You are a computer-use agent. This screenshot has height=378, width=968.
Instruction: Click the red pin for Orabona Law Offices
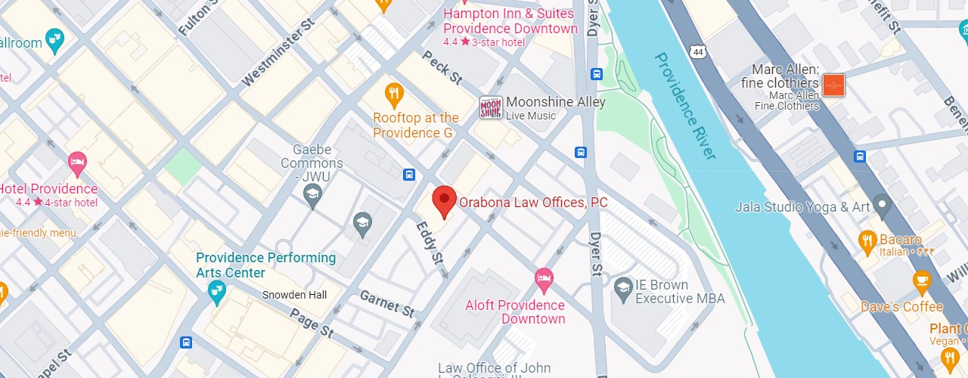[x=444, y=201]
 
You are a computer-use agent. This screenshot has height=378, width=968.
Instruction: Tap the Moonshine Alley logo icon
[x=491, y=108]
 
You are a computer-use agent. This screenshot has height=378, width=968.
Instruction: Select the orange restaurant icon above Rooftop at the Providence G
[x=393, y=94]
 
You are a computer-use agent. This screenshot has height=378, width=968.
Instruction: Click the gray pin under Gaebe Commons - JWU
[x=312, y=195]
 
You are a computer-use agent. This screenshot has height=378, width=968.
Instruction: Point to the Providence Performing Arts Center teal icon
[x=217, y=292]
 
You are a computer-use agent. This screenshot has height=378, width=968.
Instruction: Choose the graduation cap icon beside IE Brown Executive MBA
[x=622, y=287]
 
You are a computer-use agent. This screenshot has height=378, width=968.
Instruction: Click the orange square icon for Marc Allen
[x=833, y=85]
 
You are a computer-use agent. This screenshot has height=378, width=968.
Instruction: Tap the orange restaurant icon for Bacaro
[x=867, y=241]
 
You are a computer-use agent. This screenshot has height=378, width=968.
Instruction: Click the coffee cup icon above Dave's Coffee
[x=921, y=283]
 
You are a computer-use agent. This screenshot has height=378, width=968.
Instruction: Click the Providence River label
[x=685, y=105]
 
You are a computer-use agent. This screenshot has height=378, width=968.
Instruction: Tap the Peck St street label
[x=442, y=67]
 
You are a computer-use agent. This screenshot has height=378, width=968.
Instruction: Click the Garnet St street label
[x=386, y=304]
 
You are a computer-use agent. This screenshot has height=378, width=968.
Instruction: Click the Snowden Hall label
[x=295, y=295]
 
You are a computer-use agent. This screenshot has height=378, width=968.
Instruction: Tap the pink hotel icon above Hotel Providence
[x=77, y=162]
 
